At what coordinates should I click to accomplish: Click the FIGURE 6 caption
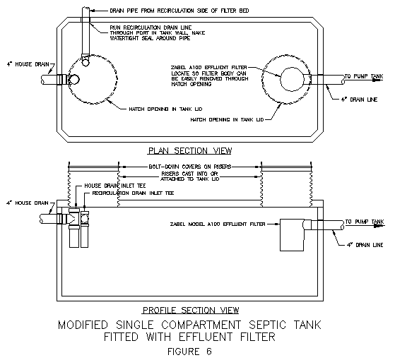click(189, 352)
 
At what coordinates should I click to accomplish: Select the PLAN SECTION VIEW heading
click(189, 150)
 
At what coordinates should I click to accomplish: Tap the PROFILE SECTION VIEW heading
click(191, 310)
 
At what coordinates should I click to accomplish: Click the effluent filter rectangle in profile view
click(292, 235)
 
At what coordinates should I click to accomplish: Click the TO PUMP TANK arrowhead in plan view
click(377, 80)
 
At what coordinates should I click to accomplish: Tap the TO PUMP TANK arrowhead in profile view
click(379, 226)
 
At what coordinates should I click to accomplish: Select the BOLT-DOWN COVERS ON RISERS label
click(189, 167)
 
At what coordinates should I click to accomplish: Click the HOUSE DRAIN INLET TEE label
click(115, 186)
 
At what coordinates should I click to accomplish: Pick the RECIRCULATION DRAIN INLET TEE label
click(133, 193)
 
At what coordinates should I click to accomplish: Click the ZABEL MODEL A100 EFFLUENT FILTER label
click(218, 224)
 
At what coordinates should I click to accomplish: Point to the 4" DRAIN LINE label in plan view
click(359, 100)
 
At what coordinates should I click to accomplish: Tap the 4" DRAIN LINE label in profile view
click(365, 245)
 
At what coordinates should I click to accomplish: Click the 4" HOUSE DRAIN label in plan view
click(28, 64)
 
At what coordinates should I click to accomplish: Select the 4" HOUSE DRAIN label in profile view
click(28, 203)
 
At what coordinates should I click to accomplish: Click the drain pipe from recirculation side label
click(179, 11)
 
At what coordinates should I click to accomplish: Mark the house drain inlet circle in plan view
click(74, 80)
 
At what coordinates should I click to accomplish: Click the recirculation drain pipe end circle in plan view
click(86, 62)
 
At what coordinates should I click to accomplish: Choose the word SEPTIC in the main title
click(268, 325)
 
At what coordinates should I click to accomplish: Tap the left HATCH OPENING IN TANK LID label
click(165, 109)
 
